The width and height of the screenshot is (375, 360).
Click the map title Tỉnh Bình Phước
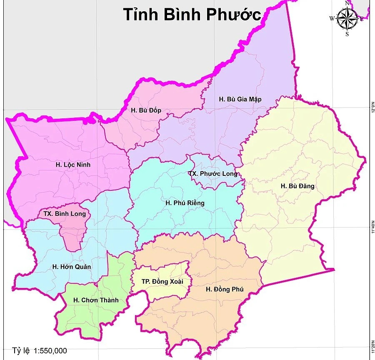[192, 14]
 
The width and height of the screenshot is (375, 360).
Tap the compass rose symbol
[347, 19]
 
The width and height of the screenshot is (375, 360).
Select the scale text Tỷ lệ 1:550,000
[40, 351]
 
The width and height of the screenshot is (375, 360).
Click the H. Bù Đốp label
[146, 110]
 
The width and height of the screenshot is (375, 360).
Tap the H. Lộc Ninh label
[73, 165]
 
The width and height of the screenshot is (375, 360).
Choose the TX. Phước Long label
[212, 173]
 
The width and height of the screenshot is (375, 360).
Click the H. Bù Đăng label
[297, 186]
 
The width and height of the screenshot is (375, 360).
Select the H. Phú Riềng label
[185, 203]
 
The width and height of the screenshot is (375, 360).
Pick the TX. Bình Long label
[65, 214]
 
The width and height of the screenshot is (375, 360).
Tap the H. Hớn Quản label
[72, 267]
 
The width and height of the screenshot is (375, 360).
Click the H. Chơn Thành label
[96, 300]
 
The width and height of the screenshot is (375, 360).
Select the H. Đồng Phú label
[225, 289]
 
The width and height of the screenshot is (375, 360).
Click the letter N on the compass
[347, 3]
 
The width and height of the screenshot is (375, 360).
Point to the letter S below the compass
[347, 35]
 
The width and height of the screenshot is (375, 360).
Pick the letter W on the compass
[332, 18]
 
